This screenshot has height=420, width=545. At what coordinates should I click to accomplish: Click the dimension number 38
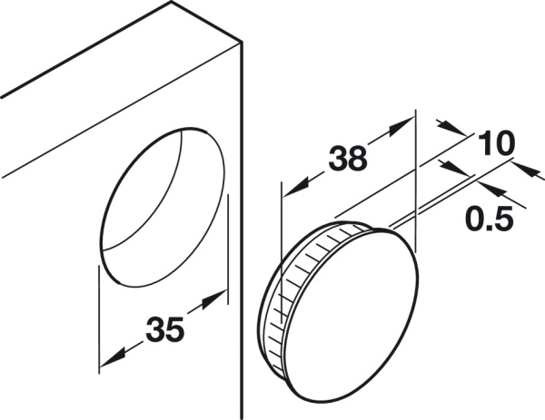(x=348, y=158)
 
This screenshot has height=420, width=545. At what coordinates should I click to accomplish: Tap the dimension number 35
(x=164, y=328)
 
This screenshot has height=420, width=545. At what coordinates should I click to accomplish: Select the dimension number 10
(x=496, y=142)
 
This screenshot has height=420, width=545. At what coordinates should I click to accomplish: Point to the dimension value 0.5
(x=489, y=219)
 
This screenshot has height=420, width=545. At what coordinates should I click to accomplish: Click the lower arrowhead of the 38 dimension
(x=294, y=187)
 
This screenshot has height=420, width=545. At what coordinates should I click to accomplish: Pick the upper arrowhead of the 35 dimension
(x=214, y=298)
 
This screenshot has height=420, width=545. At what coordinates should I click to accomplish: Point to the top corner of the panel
(x=171, y=2)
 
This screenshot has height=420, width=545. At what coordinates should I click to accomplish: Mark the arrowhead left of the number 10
(x=451, y=127)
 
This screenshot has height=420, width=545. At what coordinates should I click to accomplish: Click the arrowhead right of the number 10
(x=530, y=171)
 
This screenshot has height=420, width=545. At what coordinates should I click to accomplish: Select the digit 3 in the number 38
(x=338, y=158)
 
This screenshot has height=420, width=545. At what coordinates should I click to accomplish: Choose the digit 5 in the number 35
(x=174, y=328)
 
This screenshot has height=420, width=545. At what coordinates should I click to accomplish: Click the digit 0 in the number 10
(x=504, y=142)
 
